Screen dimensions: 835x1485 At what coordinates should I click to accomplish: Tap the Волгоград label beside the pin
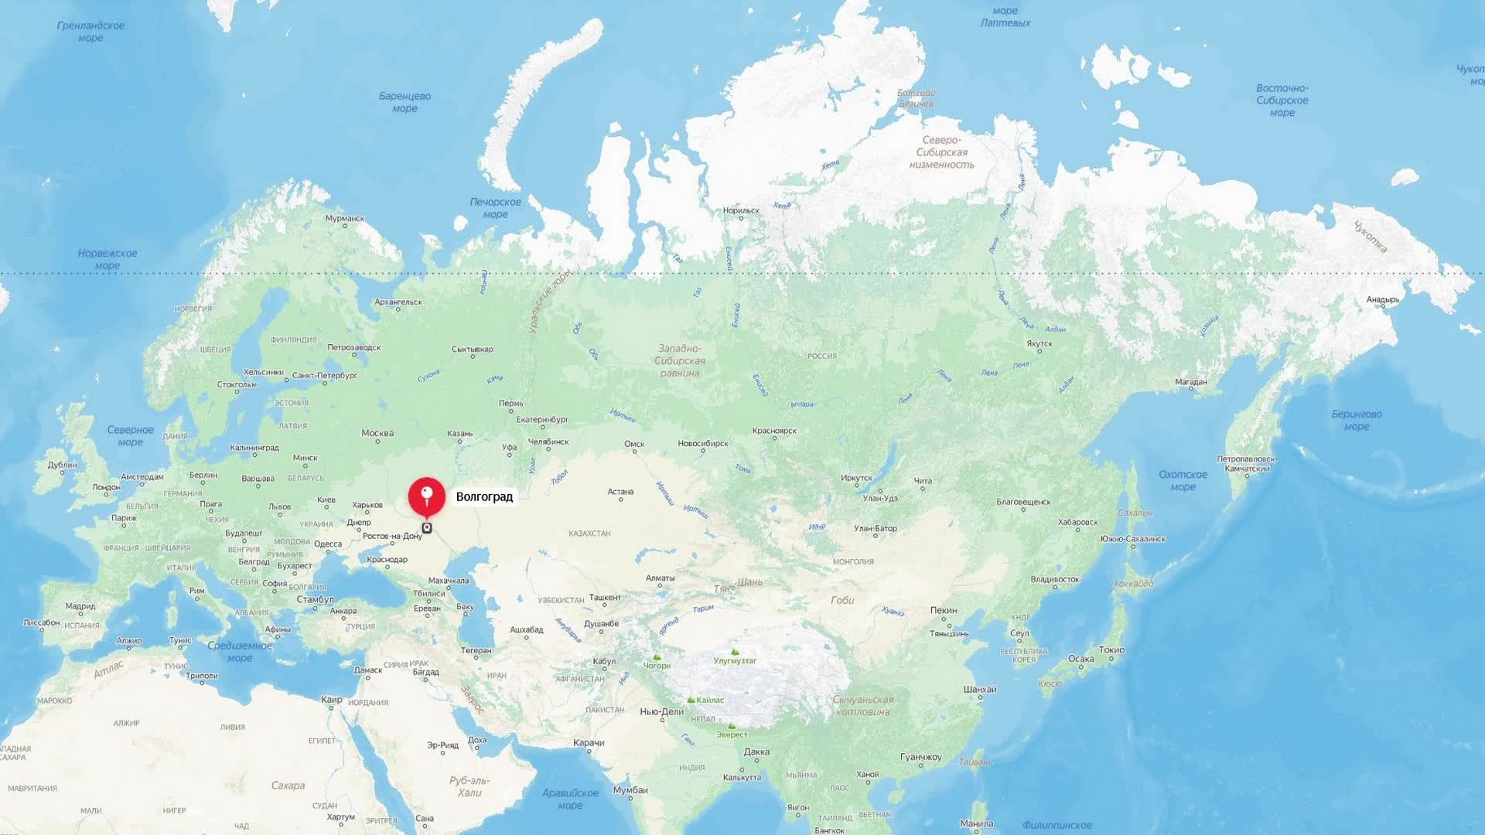point(484,497)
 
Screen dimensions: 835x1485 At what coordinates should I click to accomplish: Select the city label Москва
point(377,434)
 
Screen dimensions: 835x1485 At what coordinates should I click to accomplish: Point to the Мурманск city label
point(344,219)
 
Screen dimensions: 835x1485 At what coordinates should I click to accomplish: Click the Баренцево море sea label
point(405,102)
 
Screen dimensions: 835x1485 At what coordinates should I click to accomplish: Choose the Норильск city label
point(741,210)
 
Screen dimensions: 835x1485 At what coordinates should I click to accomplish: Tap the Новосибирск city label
point(702,444)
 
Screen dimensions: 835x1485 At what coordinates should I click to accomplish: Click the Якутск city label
point(1039,344)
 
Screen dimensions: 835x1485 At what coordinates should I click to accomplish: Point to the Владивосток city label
point(1054,579)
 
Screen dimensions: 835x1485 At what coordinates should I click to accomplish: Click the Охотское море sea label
point(1183,480)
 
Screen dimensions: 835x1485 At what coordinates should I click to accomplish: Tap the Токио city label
point(1111,650)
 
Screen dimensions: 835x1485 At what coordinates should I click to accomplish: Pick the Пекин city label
point(944,611)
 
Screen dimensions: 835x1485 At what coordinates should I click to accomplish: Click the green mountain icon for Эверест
point(731,727)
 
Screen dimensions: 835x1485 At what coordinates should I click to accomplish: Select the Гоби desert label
point(842,600)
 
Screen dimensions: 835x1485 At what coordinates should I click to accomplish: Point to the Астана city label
point(620,492)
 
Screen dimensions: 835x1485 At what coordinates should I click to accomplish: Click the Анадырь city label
point(1382,300)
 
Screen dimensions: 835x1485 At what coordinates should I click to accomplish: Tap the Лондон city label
point(106,487)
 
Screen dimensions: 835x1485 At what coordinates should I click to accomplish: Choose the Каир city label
point(331,700)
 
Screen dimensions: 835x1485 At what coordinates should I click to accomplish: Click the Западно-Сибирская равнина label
point(680,361)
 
